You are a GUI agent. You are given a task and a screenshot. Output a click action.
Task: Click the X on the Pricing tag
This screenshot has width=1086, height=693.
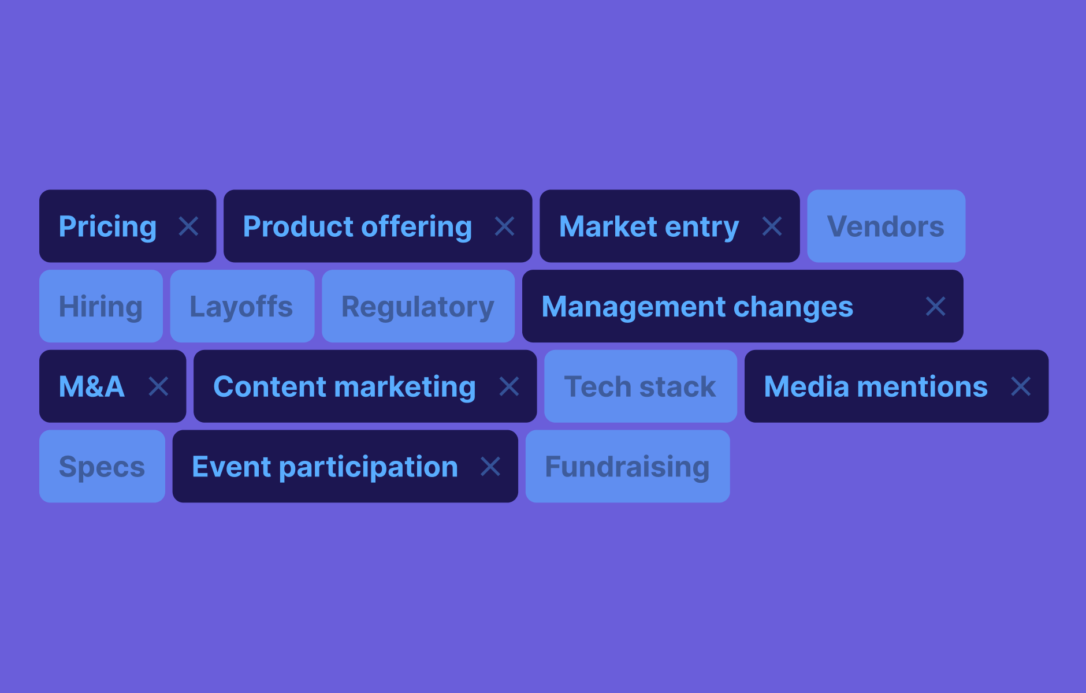pyautogui.click(x=189, y=226)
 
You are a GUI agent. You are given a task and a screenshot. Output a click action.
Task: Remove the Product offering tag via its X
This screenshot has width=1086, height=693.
pyautogui.click(x=505, y=226)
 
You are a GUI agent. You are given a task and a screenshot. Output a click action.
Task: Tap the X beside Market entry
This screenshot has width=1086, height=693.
pyautogui.click(x=772, y=226)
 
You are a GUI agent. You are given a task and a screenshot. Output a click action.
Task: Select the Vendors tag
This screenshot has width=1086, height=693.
pyautogui.click(x=886, y=226)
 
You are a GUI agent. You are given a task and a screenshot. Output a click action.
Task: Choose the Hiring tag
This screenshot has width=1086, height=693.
pyautogui.click(x=101, y=306)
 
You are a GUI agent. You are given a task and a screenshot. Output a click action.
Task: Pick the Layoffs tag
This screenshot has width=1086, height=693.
pyautogui.click(x=242, y=306)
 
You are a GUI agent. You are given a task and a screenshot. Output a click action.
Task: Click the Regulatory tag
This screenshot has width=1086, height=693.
pyautogui.click(x=418, y=306)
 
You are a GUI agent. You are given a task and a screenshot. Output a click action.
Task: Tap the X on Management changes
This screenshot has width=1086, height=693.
pyautogui.click(x=936, y=306)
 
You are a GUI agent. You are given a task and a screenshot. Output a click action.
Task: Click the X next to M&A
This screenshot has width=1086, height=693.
pyautogui.click(x=158, y=386)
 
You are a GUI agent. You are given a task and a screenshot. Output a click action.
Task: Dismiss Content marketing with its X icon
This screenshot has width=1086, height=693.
pyautogui.click(x=509, y=386)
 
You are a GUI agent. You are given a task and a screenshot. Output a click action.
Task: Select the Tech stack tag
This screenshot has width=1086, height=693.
pyautogui.click(x=641, y=386)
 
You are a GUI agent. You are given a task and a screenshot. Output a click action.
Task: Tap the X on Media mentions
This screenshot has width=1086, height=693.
pyautogui.click(x=1021, y=386)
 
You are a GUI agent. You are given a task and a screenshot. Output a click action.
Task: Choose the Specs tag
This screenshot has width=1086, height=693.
pyautogui.click(x=102, y=466)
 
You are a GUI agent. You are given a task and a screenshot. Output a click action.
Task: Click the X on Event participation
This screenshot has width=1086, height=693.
pyautogui.click(x=490, y=466)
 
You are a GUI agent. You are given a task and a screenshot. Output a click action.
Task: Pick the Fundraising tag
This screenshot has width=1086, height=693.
pyautogui.click(x=627, y=466)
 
